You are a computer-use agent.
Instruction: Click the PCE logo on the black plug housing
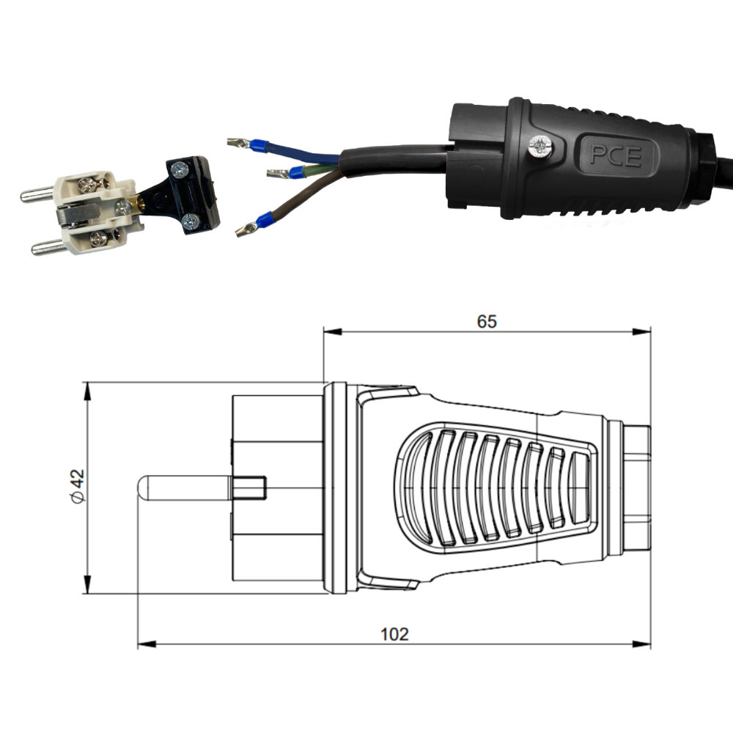[616, 155]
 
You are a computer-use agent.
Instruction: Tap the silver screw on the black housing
[540, 147]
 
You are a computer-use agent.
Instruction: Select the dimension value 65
[487, 322]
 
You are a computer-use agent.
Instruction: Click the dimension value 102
[394, 634]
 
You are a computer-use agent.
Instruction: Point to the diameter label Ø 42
[78, 486]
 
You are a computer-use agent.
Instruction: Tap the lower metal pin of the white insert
[48, 246]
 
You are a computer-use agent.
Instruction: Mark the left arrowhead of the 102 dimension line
[147, 644]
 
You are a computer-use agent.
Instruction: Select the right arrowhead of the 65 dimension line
[641, 332]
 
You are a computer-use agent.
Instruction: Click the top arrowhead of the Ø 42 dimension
[87, 391]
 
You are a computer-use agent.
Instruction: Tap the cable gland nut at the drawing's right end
[637, 487]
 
